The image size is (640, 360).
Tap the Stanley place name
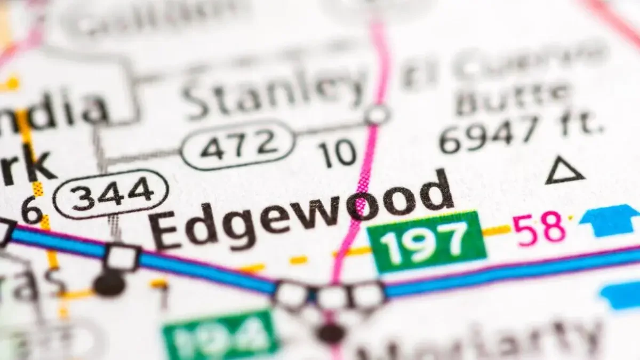pyautogui.click(x=272, y=91)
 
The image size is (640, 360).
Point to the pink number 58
pyautogui.click(x=539, y=228)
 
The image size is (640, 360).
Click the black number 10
pyautogui.click(x=338, y=153)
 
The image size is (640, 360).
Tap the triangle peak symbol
pyautogui.click(x=564, y=172)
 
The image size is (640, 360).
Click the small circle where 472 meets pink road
pyautogui.click(x=377, y=115)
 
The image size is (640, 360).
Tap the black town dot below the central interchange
pyautogui.click(x=331, y=333)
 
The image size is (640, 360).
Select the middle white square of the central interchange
pyautogui.click(x=332, y=297)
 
